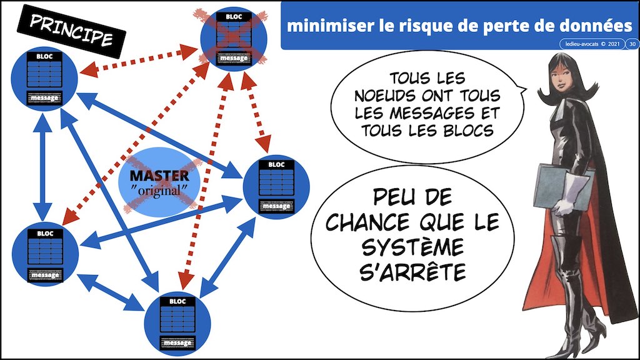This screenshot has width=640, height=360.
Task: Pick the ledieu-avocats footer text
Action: pos(581,44)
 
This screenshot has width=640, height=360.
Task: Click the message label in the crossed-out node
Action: pos(233,59)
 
